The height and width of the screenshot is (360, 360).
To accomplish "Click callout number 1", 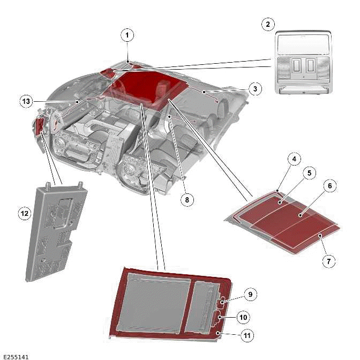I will point(127,36).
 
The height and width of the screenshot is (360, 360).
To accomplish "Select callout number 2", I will point(268,24).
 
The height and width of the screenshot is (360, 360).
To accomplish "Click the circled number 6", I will point(330,185).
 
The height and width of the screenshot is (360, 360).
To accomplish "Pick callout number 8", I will point(186,200).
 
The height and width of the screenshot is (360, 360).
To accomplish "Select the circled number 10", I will point(243,317).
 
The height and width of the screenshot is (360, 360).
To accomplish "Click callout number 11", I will point(247,336).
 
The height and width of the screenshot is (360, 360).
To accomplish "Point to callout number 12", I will point(24,214).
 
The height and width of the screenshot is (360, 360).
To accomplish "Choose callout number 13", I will point(26,101).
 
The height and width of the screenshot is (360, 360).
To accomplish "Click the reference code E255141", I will point(16,356).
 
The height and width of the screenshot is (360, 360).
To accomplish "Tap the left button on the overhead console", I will point(296,66).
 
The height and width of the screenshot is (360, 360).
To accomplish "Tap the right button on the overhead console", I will point(310,66).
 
